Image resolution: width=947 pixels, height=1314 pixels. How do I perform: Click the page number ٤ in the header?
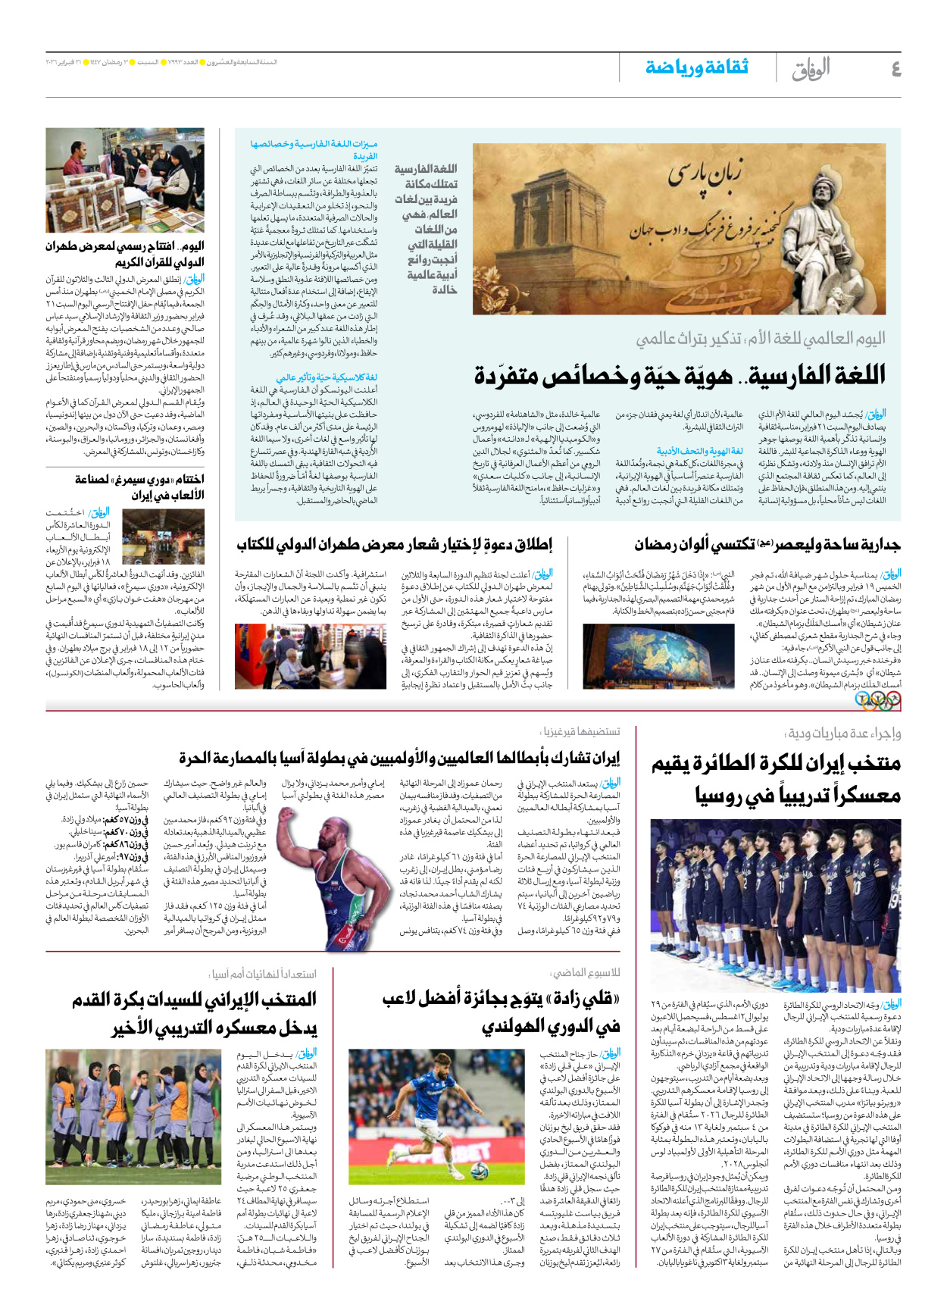coord(895,69)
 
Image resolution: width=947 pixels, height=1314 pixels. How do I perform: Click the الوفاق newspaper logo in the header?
coord(811,69)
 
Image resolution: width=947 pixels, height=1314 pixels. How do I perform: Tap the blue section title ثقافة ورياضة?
coord(696,67)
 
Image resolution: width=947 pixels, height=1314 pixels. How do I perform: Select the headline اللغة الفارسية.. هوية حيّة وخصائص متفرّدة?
coord(680,375)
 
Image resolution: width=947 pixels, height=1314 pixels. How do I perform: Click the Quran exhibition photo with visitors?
coord(125,180)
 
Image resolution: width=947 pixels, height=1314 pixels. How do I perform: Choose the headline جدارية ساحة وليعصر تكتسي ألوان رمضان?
coord(767,544)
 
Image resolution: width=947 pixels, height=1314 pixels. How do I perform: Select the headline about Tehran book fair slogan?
coord(394,544)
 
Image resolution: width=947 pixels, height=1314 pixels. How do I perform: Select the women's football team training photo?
coord(133,1116)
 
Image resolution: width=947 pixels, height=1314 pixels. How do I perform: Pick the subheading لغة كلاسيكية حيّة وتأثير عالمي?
coord(327,377)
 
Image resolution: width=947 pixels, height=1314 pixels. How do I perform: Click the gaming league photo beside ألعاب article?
coord(163,537)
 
